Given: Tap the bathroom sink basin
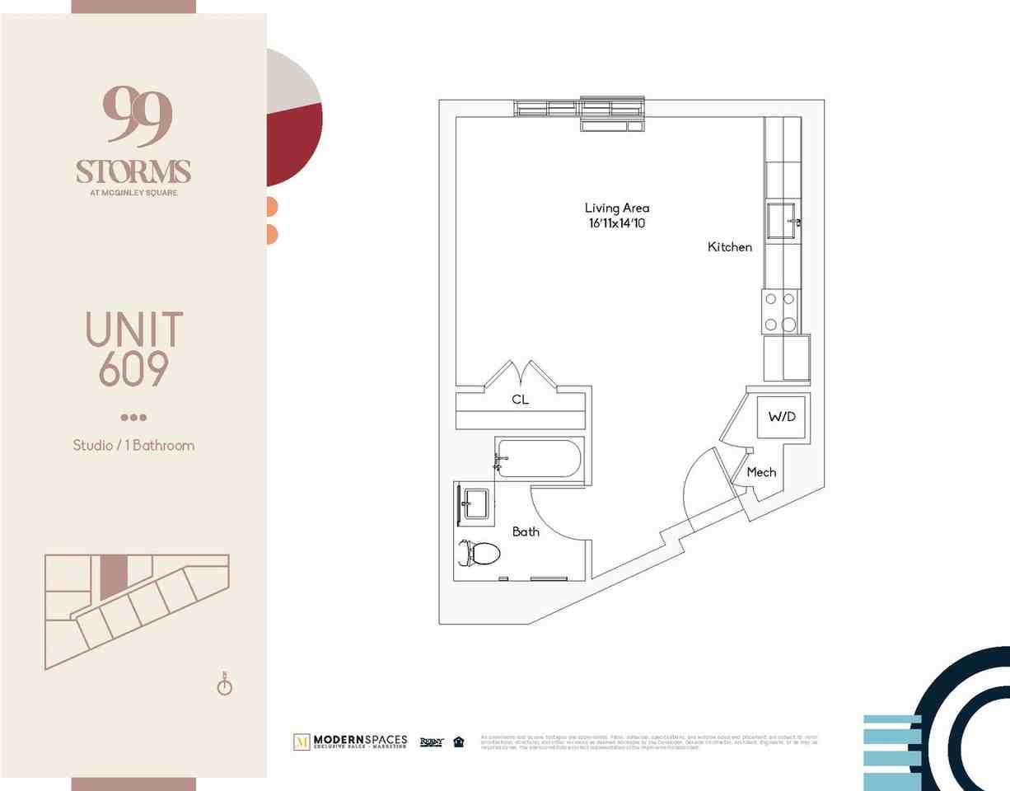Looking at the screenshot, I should [x=475, y=503].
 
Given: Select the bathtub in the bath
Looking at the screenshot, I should [x=539, y=458].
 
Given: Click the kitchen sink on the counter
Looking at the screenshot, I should [x=780, y=220].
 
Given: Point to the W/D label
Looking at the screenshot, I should [x=782, y=417].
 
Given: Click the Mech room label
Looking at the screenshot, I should [x=761, y=472].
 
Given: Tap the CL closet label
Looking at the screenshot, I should [x=520, y=400].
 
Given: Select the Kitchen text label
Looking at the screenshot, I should [x=729, y=247].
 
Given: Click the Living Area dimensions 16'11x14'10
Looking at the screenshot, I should [x=617, y=223].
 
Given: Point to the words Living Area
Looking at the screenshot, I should [x=617, y=208].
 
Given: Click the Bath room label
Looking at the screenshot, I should [x=526, y=531].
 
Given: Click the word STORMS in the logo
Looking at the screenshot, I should [x=133, y=171].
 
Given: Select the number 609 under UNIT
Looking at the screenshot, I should [x=133, y=370].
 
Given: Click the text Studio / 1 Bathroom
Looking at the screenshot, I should [x=133, y=446].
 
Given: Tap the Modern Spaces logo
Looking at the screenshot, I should [x=350, y=742].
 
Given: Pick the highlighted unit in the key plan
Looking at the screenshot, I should [x=115, y=576].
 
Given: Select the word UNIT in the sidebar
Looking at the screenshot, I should [x=133, y=330].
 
